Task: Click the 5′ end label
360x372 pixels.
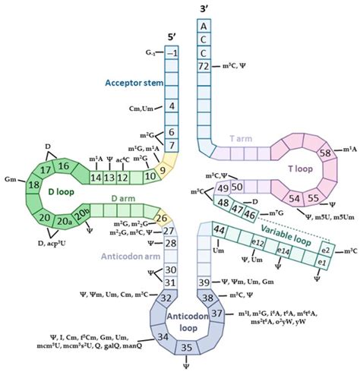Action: (172, 35)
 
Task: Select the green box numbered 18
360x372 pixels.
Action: (35, 184)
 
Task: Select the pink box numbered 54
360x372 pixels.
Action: (292, 199)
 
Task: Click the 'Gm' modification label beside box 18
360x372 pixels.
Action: (11, 178)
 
